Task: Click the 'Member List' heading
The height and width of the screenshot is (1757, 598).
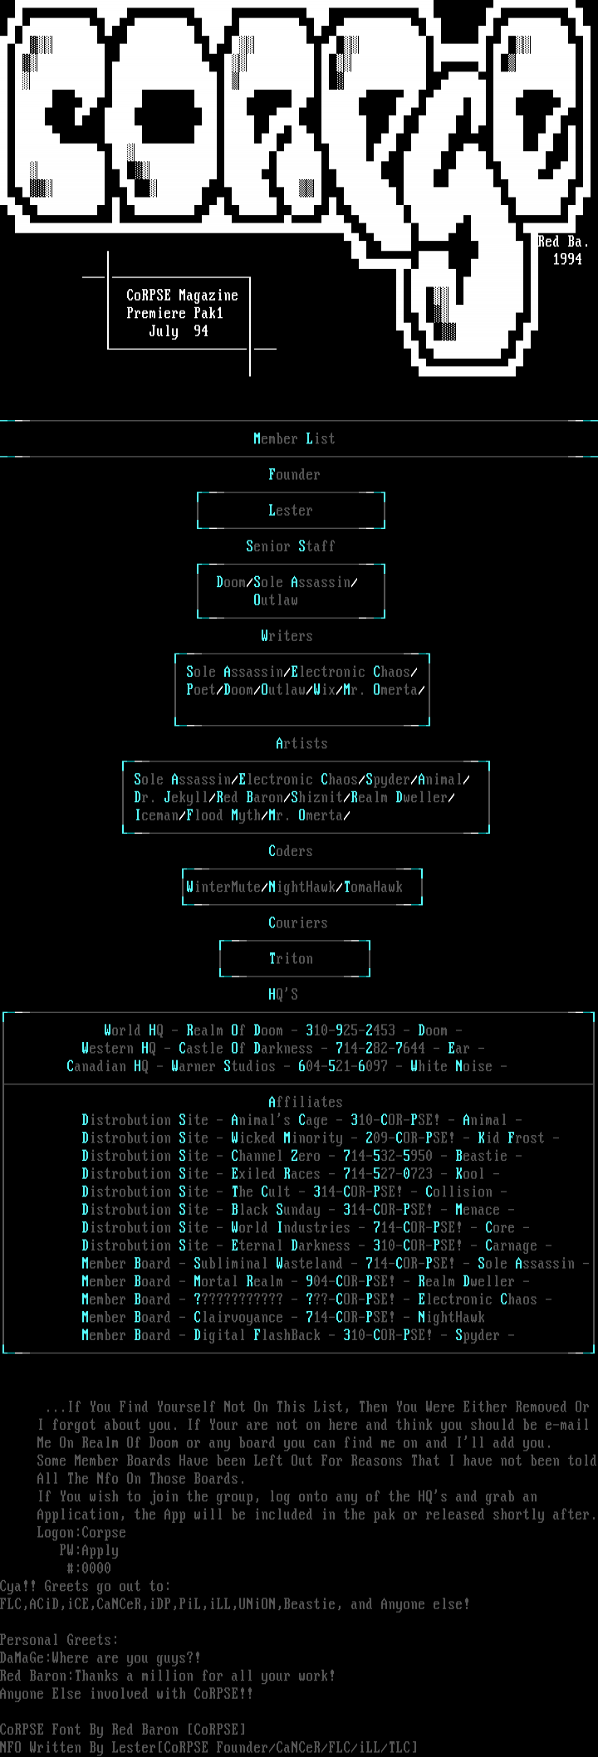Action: (x=294, y=438)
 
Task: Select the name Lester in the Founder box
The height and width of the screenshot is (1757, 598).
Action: (x=291, y=511)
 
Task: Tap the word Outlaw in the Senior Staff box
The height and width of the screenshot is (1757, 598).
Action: (x=276, y=600)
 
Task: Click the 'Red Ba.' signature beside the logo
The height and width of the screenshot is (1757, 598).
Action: (x=563, y=242)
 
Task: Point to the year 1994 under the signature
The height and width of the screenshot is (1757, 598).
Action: (x=567, y=259)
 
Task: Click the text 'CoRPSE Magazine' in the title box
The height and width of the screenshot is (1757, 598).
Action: (x=182, y=296)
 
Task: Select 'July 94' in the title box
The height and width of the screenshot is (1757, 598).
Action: (x=179, y=331)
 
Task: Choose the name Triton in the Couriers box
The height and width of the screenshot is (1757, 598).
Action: (x=291, y=959)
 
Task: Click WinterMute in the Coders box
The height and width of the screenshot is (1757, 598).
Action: (x=223, y=888)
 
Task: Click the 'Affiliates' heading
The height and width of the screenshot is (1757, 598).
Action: (x=306, y=1102)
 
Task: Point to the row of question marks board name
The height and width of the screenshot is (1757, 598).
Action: (x=238, y=1299)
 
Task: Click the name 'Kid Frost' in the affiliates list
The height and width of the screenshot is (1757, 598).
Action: (x=511, y=1138)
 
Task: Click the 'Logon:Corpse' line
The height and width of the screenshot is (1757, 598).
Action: (x=81, y=1533)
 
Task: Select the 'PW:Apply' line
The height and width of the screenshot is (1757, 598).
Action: (x=89, y=1550)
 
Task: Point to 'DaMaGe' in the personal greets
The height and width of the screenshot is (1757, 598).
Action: (x=25, y=1658)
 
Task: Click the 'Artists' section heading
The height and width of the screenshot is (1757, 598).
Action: (x=301, y=744)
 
